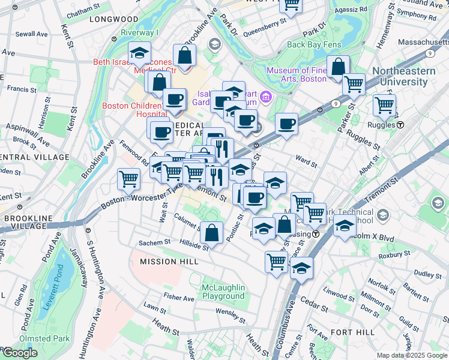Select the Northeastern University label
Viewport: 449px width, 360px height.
pyautogui.click(x=410, y=76)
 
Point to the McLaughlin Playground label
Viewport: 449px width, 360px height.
pyautogui.click(x=223, y=291)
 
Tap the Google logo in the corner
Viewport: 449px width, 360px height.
pyautogui.click(x=20, y=353)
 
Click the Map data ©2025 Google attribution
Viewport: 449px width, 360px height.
pyautogui.click(x=412, y=355)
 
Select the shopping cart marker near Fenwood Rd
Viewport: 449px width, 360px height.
pyautogui.click(x=129, y=178)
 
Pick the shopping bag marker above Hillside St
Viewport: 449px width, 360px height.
pyautogui.click(x=212, y=232)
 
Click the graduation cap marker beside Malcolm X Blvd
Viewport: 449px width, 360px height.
pyautogui.click(x=345, y=226)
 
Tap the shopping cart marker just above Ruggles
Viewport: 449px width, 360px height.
pyautogui.click(x=384, y=105)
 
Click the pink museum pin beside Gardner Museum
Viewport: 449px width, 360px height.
pyautogui.click(x=266, y=97)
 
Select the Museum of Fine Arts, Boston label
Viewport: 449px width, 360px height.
pyautogui.click(x=296, y=74)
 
